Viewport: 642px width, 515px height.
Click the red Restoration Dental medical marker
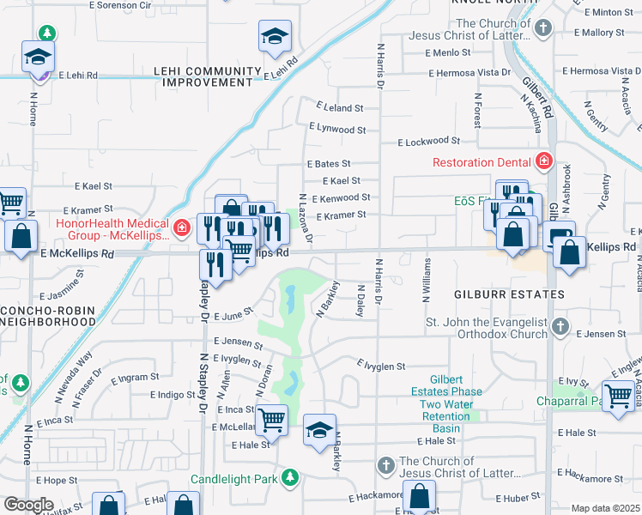coord(542,161)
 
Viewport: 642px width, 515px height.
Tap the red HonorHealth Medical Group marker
coord(181,227)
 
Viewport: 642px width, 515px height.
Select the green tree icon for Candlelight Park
coord(291,476)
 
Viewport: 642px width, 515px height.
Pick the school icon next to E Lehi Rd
coord(274,39)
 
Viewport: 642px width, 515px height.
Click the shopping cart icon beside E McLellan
coord(272,420)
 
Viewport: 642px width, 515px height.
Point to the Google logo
coord(28,505)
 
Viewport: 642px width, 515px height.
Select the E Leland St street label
coord(340,108)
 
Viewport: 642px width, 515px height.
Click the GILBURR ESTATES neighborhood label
coord(509,294)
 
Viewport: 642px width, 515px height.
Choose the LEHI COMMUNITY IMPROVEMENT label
coord(206,77)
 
